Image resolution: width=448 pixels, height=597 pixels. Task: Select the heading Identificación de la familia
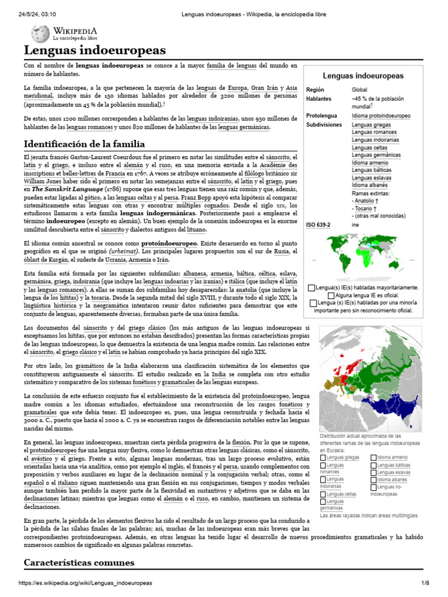click(84, 143)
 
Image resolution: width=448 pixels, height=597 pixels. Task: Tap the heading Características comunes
click(79, 562)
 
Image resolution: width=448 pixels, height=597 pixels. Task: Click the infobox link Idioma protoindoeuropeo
click(381, 116)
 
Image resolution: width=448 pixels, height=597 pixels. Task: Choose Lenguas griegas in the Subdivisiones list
click(371, 125)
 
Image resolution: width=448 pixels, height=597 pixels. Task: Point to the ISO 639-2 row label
click(318, 224)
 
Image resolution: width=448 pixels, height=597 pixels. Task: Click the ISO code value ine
click(355, 224)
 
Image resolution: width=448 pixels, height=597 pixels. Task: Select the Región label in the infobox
click(316, 90)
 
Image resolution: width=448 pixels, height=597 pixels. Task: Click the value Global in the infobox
click(359, 90)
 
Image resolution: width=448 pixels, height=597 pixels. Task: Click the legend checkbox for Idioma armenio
click(374, 458)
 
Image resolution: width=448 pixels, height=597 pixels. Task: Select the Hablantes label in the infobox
click(318, 99)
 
